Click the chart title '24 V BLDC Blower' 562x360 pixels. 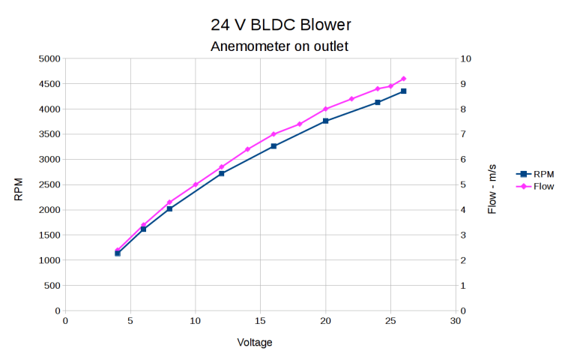[x=281, y=25]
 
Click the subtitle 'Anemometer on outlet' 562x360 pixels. [x=280, y=46]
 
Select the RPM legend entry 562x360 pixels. [x=533, y=173]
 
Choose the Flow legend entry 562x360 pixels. [x=533, y=185]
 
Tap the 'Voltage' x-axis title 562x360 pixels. [x=255, y=343]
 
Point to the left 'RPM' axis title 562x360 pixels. [x=19, y=189]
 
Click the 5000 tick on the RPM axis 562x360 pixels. [x=49, y=58]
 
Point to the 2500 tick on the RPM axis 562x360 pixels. [x=49, y=184]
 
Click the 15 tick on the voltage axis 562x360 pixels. [x=260, y=321]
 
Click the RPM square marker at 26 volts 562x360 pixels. [x=404, y=91]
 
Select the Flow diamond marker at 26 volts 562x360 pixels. [x=404, y=79]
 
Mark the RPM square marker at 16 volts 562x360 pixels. [x=274, y=146]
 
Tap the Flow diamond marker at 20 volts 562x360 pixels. [x=325, y=109]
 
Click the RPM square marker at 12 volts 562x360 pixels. [x=222, y=173]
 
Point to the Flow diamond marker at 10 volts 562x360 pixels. [x=196, y=184]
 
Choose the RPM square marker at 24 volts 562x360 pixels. [x=378, y=102]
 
